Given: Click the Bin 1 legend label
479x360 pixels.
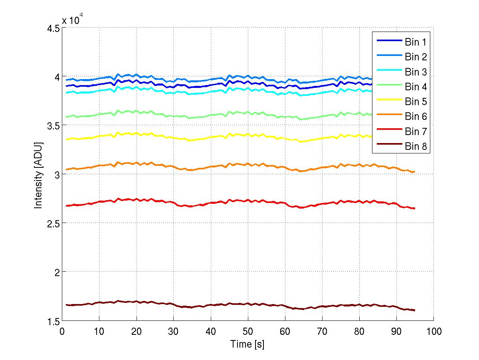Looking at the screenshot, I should [x=416, y=42].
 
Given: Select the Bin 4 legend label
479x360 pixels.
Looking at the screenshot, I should [x=416, y=87].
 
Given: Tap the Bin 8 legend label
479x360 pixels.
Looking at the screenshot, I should [x=416, y=147].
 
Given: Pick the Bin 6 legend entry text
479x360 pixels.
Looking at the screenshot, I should [x=416, y=117].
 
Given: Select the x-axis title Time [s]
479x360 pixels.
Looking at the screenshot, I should [x=247, y=344].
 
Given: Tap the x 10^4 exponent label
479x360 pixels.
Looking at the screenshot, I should [x=72, y=20].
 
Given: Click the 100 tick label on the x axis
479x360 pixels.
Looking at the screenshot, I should [x=433, y=331].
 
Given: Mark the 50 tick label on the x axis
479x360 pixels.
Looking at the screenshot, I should [x=247, y=331].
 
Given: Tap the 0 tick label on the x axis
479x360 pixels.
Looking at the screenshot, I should [x=62, y=331].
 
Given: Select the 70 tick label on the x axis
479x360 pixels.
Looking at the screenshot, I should [x=322, y=331].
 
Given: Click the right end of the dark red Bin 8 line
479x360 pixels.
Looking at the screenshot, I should [x=415, y=310].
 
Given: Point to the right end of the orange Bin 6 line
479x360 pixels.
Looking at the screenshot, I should [x=415, y=172].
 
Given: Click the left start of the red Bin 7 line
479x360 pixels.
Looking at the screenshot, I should [x=66, y=206].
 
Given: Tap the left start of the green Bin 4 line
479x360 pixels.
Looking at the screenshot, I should [x=66, y=117].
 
